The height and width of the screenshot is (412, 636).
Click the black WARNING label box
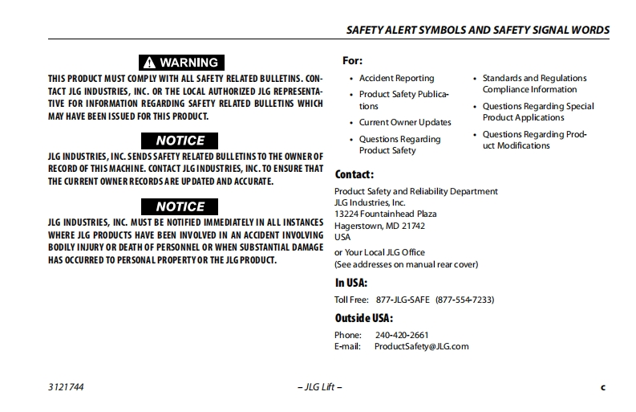pyautogui.click(x=180, y=62)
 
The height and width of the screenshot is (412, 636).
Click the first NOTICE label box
pyautogui.click(x=180, y=141)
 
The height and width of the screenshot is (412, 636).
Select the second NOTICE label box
pyautogui.click(x=180, y=206)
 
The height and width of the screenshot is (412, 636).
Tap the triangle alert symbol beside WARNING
pyautogui.click(x=149, y=62)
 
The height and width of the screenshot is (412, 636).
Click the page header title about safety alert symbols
pyautogui.click(x=477, y=30)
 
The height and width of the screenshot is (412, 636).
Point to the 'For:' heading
pyautogui.click(x=352, y=60)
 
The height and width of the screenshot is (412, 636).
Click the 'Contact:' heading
pyautogui.click(x=354, y=173)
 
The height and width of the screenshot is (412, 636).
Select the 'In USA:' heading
pyautogui.click(x=351, y=283)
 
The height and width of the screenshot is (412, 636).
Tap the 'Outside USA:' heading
pyautogui.click(x=363, y=317)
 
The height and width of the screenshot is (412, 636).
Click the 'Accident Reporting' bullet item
pyautogui.click(x=396, y=78)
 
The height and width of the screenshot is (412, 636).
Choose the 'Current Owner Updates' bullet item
pyautogui.click(x=405, y=122)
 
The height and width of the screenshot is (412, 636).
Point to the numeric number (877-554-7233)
pyautogui.click(x=464, y=300)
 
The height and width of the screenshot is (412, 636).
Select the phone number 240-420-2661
pyautogui.click(x=401, y=335)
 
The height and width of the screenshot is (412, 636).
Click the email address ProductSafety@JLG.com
pyautogui.click(x=421, y=346)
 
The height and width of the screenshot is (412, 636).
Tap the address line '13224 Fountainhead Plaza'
pyautogui.click(x=385, y=214)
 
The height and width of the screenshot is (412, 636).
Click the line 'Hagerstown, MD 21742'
pyautogui.click(x=379, y=226)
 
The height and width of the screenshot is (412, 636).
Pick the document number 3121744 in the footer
pyautogui.click(x=66, y=387)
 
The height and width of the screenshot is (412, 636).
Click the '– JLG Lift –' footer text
pyautogui.click(x=319, y=387)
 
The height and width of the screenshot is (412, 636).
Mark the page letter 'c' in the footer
pyautogui.click(x=603, y=387)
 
